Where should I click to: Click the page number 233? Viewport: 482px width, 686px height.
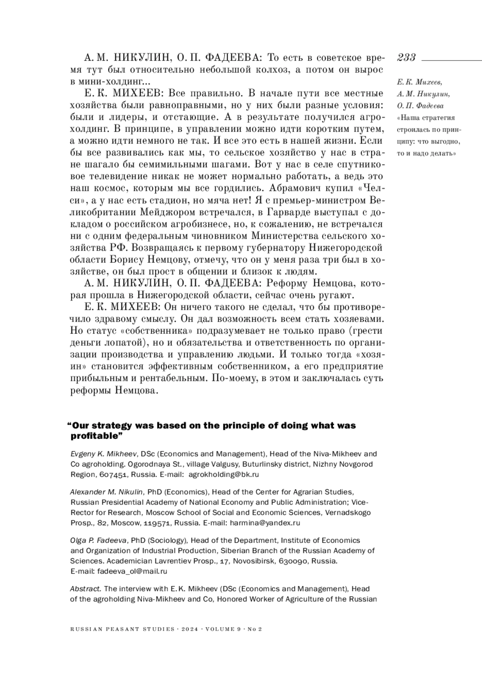pos(406,57)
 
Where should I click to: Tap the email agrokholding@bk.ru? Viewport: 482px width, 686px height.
pos(223,475)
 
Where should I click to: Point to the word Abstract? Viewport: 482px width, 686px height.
pos(86,589)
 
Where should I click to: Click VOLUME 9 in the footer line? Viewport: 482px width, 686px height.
pos(223,629)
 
